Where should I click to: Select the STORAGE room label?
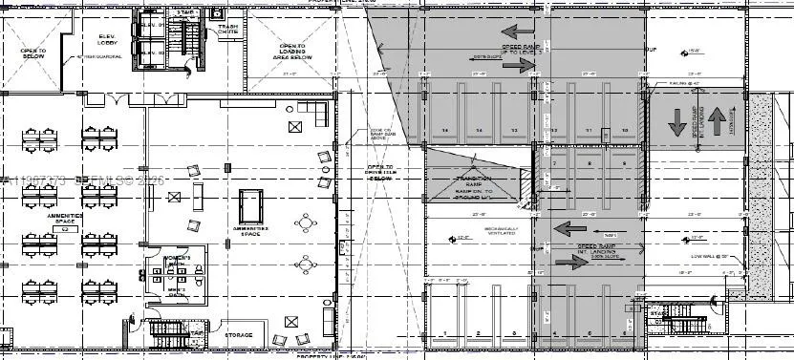[x=238, y=335]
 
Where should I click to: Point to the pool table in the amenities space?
[x=251, y=203]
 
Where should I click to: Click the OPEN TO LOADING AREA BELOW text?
[x=291, y=51]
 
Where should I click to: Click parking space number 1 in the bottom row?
[x=444, y=332]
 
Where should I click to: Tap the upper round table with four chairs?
[x=307, y=224]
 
